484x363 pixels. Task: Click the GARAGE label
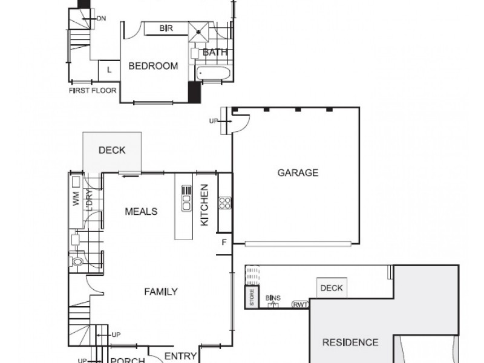(298, 172)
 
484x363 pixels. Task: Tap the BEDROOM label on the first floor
(153, 66)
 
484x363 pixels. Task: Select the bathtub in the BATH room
(213, 73)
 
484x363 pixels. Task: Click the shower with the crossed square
(198, 31)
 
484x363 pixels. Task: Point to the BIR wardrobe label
(166, 28)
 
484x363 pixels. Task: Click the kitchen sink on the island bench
(186, 198)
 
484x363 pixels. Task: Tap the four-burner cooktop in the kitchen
(224, 203)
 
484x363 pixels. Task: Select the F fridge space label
(224, 243)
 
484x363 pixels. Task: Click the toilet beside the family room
(76, 262)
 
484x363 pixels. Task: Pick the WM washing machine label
(76, 198)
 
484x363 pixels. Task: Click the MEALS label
(141, 211)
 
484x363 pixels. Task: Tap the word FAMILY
(161, 292)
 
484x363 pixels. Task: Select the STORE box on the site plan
(252, 297)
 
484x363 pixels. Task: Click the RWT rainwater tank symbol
(300, 305)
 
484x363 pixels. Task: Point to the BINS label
(273, 298)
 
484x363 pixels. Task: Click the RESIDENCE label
(350, 342)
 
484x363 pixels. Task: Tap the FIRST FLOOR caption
(93, 90)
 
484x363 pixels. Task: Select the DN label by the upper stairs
(101, 19)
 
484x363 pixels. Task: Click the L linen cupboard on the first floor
(109, 71)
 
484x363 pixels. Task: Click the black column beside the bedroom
(194, 92)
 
